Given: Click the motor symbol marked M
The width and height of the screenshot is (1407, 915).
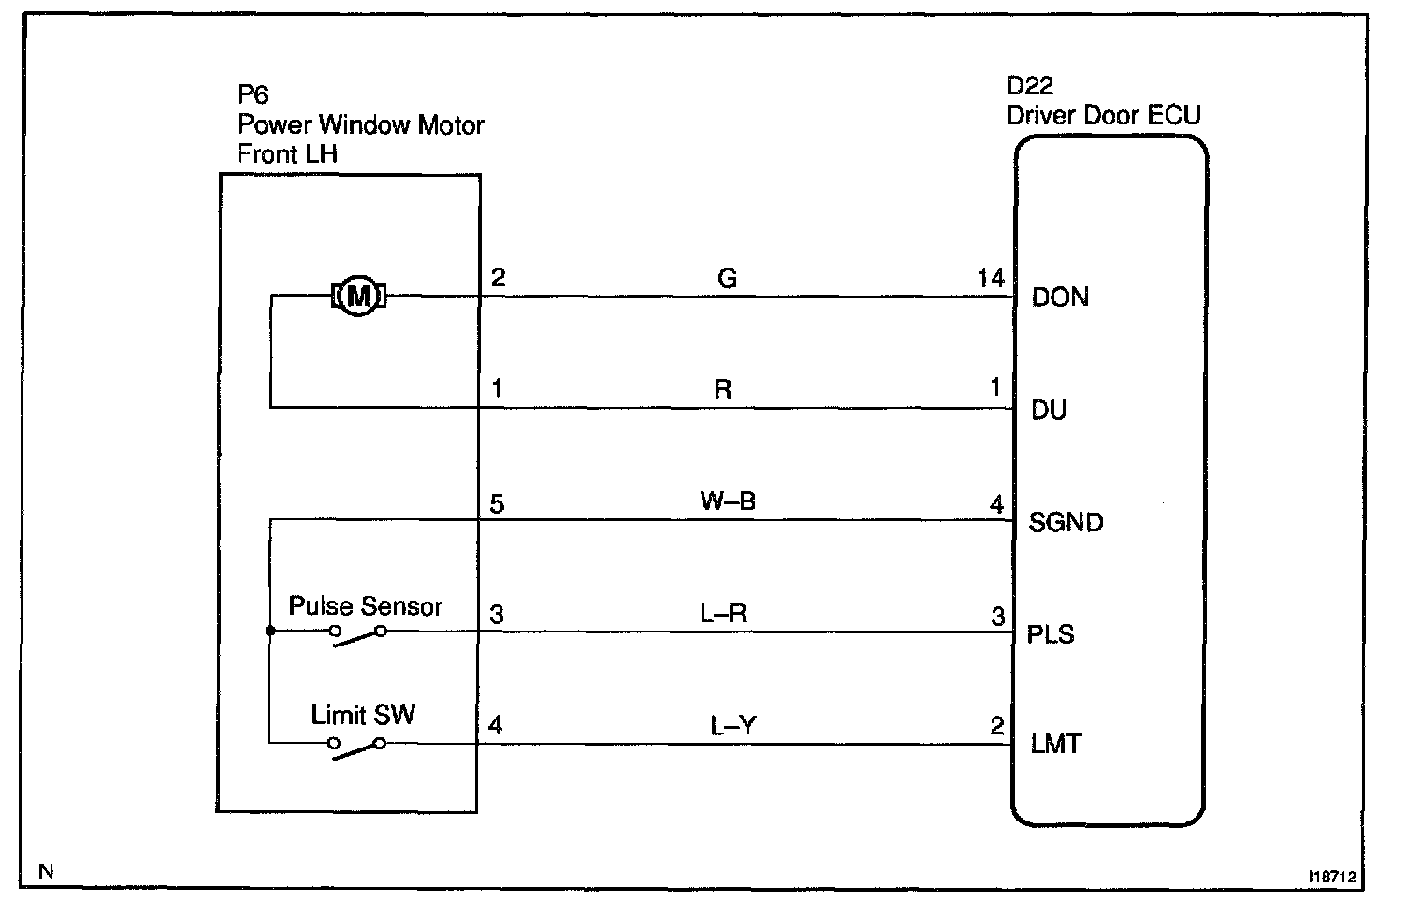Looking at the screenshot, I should pos(358,297).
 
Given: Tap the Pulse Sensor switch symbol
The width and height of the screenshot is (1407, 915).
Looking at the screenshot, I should pos(357,635).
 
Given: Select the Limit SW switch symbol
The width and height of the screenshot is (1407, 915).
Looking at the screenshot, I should pos(356,747).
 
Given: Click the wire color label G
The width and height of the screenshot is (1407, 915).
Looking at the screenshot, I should pos(727,278).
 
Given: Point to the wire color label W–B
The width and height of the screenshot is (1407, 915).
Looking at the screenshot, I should pos(728,501).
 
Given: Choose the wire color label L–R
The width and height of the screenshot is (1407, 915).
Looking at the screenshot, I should pos(723,614).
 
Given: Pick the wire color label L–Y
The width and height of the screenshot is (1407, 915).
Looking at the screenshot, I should pos(733,725).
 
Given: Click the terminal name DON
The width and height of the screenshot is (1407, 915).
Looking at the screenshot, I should pos(1060,298).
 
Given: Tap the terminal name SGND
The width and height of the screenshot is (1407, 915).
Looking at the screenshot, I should pos(1066,522).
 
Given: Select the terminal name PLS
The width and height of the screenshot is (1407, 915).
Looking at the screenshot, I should pos(1051,634).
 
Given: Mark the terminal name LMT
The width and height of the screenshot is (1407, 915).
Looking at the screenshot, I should pos(1055,745).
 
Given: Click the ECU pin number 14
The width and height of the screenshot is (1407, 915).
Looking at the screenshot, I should pos(990,278).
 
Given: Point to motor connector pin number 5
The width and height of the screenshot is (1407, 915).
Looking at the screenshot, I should pos(497,504).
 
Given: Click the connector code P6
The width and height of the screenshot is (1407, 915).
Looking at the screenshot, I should pos(253,95).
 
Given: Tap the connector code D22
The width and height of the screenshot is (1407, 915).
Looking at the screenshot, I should pos(1030,86).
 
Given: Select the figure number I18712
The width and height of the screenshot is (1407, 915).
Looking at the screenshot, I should pos(1331,878).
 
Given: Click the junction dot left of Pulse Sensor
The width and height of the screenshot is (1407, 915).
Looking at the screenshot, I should pos(270,632).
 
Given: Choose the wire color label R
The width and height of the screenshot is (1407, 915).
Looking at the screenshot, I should pos(722,390).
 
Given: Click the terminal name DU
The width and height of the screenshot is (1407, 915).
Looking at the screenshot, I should pos(1048,411).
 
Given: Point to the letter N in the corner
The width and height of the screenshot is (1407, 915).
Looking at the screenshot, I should pos(46,872).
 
